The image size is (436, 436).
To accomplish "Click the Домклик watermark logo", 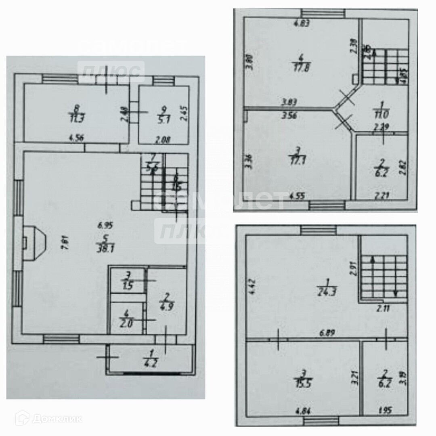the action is (x=48, y=419).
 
